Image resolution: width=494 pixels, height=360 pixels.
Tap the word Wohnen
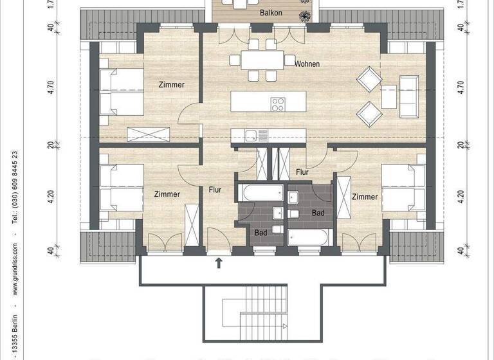pyautogui.click(x=307, y=64)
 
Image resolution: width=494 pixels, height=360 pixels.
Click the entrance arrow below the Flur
pyautogui.click(x=219, y=261)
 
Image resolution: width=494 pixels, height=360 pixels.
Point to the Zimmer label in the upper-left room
pyautogui.click(x=172, y=85)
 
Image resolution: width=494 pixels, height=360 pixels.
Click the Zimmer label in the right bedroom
pyautogui.click(x=365, y=197)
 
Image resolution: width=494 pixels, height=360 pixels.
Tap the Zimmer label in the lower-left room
pyautogui.click(x=167, y=194)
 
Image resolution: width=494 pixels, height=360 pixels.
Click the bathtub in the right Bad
pyautogui.click(x=309, y=237)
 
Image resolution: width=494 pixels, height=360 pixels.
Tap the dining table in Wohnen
pyautogui.click(x=261, y=60)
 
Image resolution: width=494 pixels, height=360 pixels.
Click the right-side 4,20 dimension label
pyautogui.click(x=460, y=196)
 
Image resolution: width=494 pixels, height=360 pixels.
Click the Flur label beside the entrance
pyautogui.click(x=214, y=190)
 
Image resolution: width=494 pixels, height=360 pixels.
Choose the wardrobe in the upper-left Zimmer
pyautogui.click(x=149, y=134)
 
